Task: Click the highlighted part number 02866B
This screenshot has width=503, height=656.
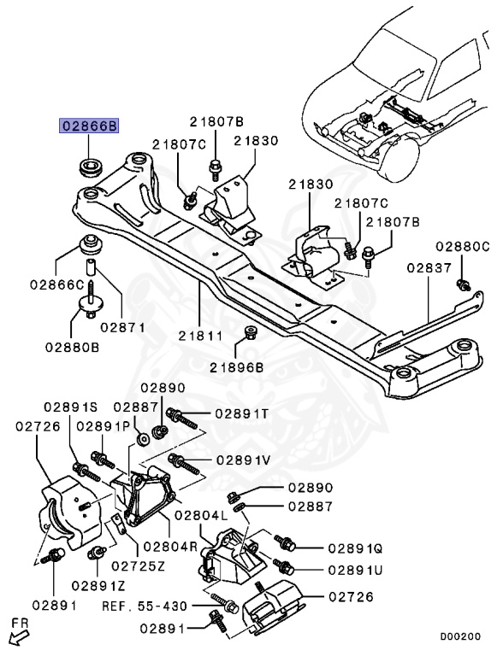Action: (89, 126)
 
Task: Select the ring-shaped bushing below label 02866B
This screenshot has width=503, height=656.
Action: (90, 166)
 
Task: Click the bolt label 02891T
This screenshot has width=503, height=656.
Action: (241, 413)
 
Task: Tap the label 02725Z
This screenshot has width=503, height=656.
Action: (136, 565)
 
